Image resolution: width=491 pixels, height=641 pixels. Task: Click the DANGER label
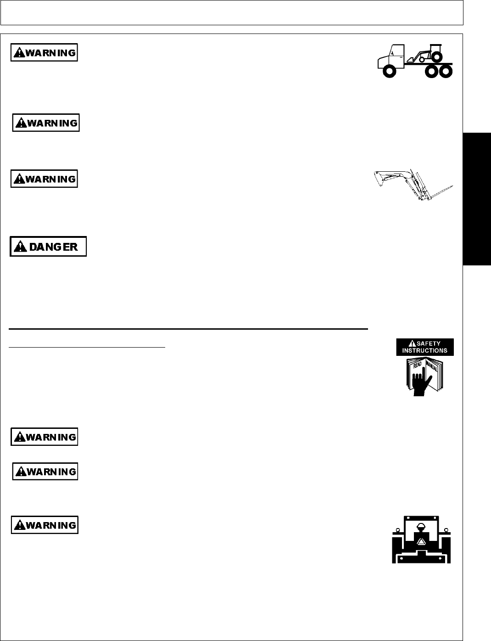coord(48,247)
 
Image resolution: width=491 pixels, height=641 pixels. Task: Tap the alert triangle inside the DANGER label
coord(20,247)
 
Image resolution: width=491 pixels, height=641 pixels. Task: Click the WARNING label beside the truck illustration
coord(44,53)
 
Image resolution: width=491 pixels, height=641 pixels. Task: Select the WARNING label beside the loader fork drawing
coord(44,179)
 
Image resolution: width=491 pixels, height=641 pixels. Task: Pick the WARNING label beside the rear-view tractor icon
coord(45,525)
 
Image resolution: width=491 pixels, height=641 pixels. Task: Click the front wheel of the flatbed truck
coord(389,72)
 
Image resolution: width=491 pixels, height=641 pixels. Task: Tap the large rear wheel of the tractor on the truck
coord(437,56)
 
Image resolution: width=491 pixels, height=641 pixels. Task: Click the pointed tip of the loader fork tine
coord(453,186)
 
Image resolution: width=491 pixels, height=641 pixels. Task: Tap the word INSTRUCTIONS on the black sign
coord(424,350)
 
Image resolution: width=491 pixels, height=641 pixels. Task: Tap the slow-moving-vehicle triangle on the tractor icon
coord(421,542)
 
